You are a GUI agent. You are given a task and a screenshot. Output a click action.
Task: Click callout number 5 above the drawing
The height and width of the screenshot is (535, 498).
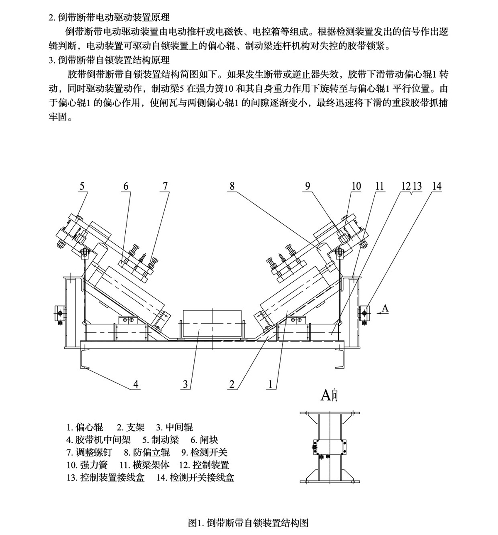82,186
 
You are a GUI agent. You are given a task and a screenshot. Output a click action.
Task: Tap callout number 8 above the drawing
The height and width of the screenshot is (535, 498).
232,186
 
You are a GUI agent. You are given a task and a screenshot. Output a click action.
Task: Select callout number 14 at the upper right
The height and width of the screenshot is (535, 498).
437,186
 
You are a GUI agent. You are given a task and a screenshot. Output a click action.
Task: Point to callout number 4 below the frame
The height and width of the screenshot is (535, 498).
136,384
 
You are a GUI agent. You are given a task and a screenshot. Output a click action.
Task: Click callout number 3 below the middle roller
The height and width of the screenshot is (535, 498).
186,384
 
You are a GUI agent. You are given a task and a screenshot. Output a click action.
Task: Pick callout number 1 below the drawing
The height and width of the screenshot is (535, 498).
271,384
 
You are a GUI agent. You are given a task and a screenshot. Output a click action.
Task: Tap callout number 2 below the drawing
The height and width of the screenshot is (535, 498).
232,384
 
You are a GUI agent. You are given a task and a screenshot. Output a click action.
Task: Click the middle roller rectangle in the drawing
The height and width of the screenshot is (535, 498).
211,323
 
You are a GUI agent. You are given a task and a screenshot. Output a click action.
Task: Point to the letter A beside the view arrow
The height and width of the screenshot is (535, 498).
385,308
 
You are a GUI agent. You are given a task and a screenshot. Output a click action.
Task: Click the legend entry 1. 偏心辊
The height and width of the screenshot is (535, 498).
85,427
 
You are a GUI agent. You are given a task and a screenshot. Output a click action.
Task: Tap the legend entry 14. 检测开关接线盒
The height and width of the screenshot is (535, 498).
195,478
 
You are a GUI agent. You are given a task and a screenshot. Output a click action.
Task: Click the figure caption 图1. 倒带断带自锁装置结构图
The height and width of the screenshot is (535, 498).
248,523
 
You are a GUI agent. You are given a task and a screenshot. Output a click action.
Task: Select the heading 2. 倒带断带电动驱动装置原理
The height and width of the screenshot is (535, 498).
109,17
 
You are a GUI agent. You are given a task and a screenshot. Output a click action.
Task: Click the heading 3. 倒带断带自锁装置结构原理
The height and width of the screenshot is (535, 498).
109,60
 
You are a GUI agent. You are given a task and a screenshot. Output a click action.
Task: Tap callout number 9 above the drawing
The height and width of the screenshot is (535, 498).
308,186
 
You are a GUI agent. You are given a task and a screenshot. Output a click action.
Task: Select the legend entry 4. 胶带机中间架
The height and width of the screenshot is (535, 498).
98,440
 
